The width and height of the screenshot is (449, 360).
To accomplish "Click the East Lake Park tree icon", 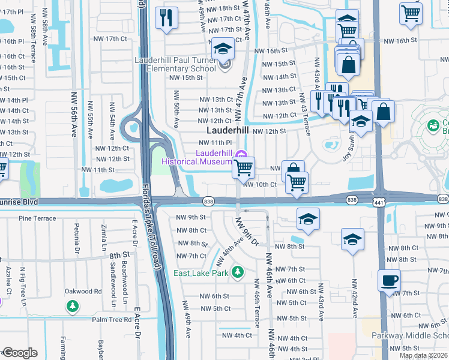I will [x=238, y=272].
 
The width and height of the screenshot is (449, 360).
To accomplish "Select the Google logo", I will [x=19, y=353].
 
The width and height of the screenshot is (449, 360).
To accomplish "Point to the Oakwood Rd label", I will [x=83, y=292].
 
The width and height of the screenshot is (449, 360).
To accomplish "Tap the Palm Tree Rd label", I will [x=111, y=320].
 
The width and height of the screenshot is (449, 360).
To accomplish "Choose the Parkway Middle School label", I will [x=409, y=335].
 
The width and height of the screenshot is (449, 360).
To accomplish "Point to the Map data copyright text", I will [x=423, y=355].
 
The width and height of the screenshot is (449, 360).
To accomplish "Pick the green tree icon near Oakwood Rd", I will [x=72, y=307].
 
